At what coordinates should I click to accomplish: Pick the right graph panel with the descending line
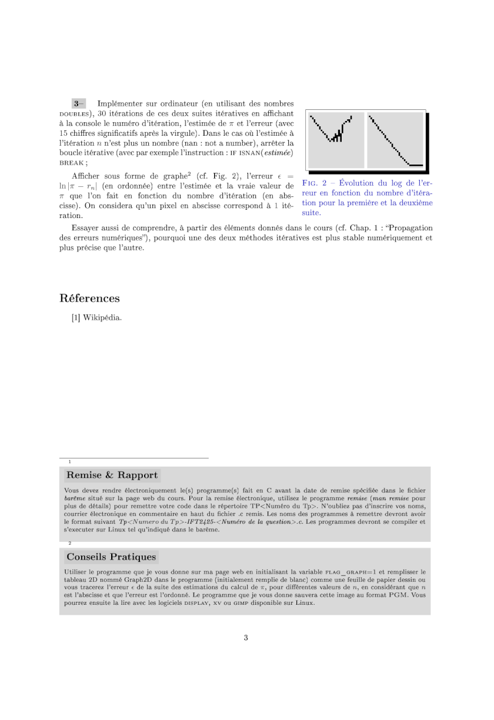tap(395, 139)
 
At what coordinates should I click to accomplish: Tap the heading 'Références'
tap(89, 299)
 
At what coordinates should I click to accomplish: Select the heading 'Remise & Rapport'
tap(112, 475)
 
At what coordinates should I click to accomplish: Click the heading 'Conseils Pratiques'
tap(111, 557)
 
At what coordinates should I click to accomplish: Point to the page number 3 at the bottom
tap(246, 638)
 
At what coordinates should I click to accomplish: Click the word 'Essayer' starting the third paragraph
tap(86, 228)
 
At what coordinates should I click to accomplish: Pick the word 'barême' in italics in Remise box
tap(75, 497)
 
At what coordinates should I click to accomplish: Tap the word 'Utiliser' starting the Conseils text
tap(76, 571)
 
